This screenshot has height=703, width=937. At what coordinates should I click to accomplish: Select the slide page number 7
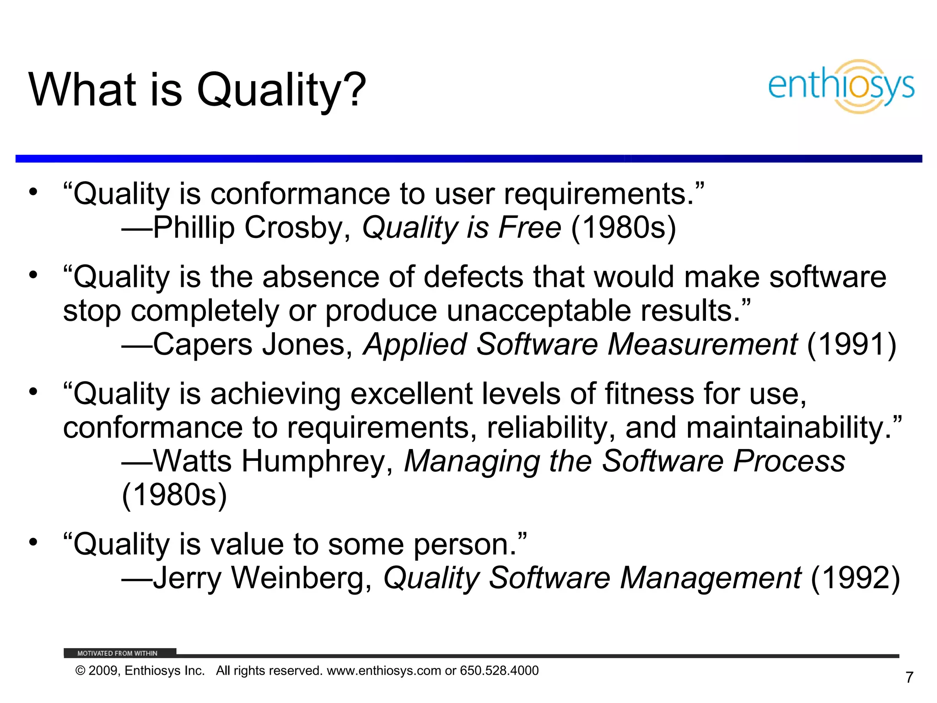tap(910, 677)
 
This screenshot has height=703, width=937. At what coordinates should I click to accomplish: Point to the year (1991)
tap(851, 344)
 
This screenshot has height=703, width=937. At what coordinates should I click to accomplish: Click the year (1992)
tap(855, 578)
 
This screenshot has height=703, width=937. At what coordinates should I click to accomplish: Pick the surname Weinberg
tap(302, 578)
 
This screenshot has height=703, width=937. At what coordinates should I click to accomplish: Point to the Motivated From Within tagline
tap(117, 653)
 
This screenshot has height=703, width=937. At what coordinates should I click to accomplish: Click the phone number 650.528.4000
tap(499, 671)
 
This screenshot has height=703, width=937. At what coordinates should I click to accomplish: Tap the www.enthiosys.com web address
tap(384, 671)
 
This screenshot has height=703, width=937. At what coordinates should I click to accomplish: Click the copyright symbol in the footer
tap(81, 671)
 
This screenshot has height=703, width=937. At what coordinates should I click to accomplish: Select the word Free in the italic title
tap(529, 227)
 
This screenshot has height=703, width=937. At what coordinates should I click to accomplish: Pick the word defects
tap(473, 277)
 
